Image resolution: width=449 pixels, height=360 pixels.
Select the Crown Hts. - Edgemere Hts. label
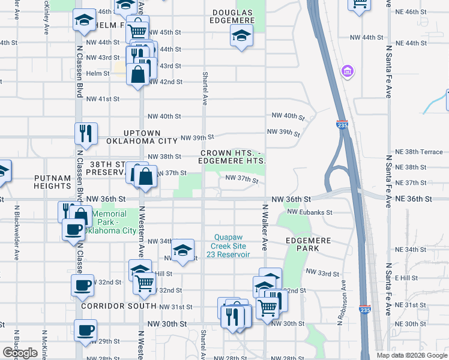(233, 157)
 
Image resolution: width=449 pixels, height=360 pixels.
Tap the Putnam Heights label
(53, 182)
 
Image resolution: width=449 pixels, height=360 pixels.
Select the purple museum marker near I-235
(347, 72)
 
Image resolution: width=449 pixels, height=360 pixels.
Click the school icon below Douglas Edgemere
(241, 37)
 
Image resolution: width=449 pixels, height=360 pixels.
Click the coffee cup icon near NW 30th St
(85, 330)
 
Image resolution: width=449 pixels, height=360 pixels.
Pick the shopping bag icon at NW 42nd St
(138, 74)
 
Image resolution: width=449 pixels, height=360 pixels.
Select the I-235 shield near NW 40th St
(341, 124)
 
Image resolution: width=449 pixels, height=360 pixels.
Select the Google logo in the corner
(20, 353)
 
